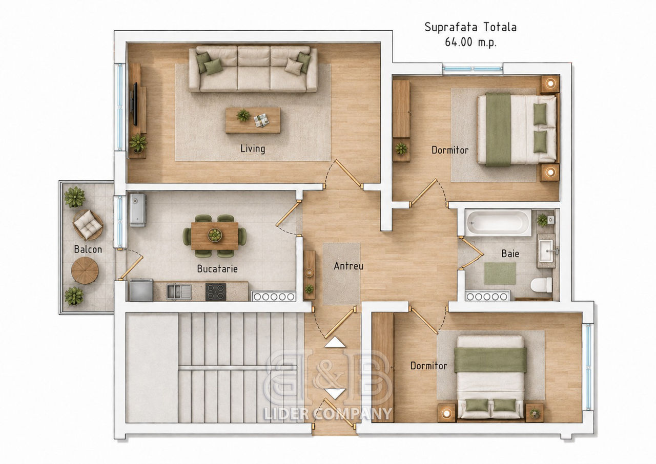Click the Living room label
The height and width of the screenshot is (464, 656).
pyautogui.click(x=253, y=149)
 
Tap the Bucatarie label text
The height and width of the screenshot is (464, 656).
pyautogui.click(x=217, y=268)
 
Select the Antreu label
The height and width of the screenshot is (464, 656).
pyautogui.click(x=348, y=266)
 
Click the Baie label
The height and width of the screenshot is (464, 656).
pyautogui.click(x=510, y=254)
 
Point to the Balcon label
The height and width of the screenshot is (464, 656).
pyautogui.click(x=88, y=249)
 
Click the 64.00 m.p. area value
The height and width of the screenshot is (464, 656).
pyautogui.click(x=470, y=42)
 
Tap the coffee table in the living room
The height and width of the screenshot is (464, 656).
pyautogui.click(x=253, y=120)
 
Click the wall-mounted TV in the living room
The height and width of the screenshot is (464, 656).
pyautogui.click(x=135, y=104)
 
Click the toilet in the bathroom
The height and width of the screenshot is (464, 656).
pyautogui.click(x=541, y=285)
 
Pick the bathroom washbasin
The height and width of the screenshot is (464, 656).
pyautogui.click(x=546, y=251)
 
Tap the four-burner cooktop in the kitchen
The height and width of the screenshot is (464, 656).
pyautogui.click(x=216, y=292)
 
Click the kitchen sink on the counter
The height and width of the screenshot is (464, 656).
pyautogui.click(x=179, y=292)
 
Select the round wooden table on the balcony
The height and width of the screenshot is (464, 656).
pyautogui.click(x=85, y=270)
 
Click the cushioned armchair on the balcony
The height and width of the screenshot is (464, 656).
pyautogui.click(x=88, y=225)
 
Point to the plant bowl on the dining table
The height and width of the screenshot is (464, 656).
pyautogui.click(x=215, y=235)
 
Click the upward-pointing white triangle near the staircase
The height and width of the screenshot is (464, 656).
pyautogui.click(x=335, y=342)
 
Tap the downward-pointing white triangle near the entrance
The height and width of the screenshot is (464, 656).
pyautogui.click(x=335, y=393)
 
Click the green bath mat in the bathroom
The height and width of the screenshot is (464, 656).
pyautogui.click(x=500, y=273)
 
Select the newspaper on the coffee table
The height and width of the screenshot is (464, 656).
pyautogui.click(x=261, y=120)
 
